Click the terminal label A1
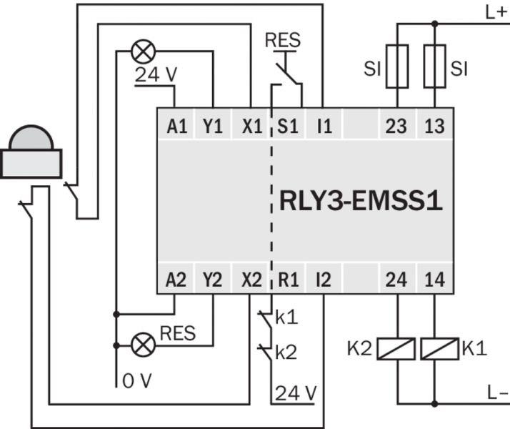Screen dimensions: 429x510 click(176, 127)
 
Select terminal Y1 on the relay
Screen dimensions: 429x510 click(213, 127)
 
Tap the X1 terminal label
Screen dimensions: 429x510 click(251, 127)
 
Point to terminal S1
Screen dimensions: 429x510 click(289, 127)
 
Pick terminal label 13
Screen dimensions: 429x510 click(434, 127)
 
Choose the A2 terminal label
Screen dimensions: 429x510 click(176, 279)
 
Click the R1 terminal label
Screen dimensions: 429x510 click(289, 279)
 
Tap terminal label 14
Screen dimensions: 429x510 click(434, 279)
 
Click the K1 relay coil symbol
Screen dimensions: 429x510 click(436, 350)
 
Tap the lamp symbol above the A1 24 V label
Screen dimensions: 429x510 click(141, 51)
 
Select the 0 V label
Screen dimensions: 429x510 click(136, 382)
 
